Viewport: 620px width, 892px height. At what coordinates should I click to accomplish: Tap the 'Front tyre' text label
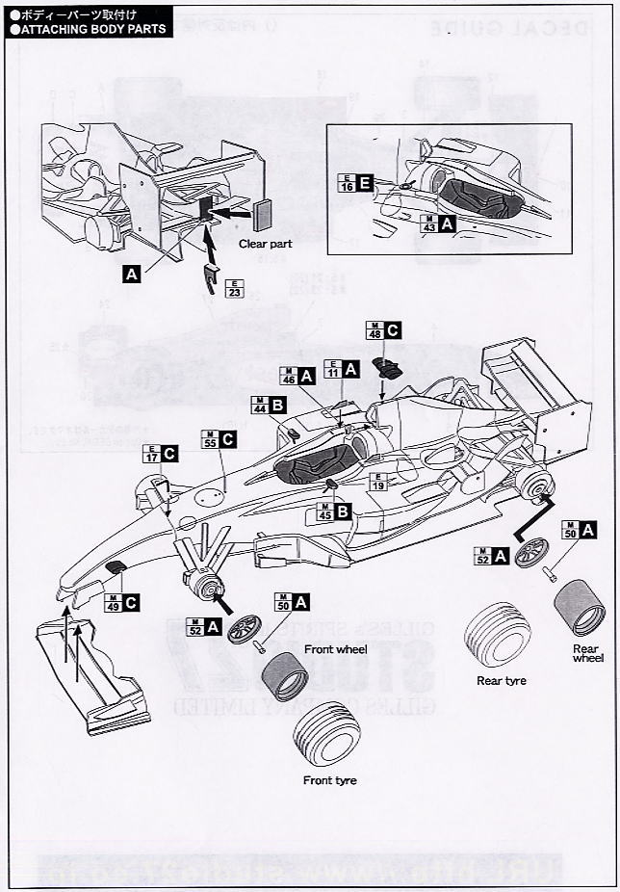[x=329, y=780]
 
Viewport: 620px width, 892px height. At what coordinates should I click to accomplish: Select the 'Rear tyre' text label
[x=502, y=680]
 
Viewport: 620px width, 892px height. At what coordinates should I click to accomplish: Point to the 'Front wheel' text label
[x=331, y=649]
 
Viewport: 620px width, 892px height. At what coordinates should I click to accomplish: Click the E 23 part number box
[x=233, y=287]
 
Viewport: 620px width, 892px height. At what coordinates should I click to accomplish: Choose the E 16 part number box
[x=346, y=183]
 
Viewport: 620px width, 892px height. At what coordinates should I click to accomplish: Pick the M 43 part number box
[x=430, y=223]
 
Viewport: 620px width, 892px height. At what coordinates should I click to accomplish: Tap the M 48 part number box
[x=374, y=330]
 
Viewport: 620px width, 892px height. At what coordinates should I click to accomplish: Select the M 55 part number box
[x=209, y=438]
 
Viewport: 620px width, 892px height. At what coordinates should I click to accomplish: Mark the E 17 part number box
[x=151, y=453]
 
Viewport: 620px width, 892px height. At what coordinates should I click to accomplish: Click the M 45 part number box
[x=323, y=512]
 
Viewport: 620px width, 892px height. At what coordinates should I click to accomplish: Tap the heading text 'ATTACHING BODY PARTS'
[x=88, y=29]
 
